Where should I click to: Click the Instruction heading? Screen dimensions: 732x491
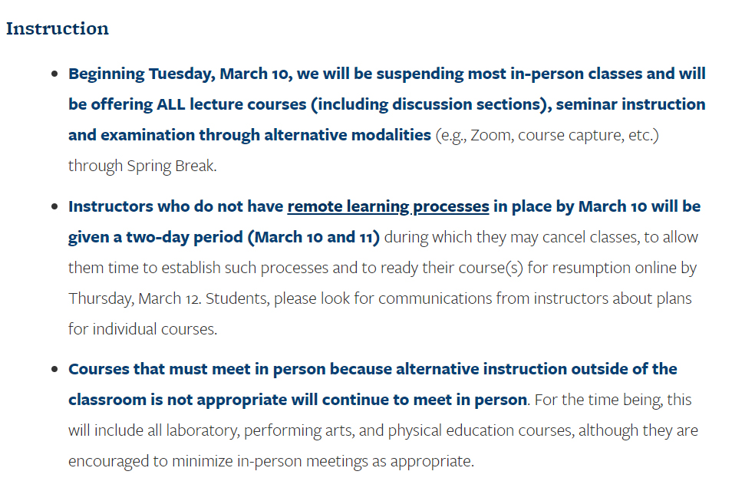click(57, 28)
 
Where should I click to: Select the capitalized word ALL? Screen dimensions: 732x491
click(171, 104)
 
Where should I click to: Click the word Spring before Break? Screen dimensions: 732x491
click(149, 166)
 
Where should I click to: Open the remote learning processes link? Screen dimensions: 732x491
click(388, 207)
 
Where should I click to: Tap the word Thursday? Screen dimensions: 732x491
click(101, 298)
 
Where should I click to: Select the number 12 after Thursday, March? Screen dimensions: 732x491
click(193, 298)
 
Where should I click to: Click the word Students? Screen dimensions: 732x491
click(238, 298)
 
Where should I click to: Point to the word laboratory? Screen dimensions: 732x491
click(203, 431)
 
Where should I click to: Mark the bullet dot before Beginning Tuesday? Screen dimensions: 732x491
click(54, 74)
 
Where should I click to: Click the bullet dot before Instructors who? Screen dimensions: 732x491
click(54, 206)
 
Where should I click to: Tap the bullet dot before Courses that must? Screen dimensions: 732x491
click(54, 369)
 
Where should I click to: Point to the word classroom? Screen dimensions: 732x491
click(107, 400)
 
